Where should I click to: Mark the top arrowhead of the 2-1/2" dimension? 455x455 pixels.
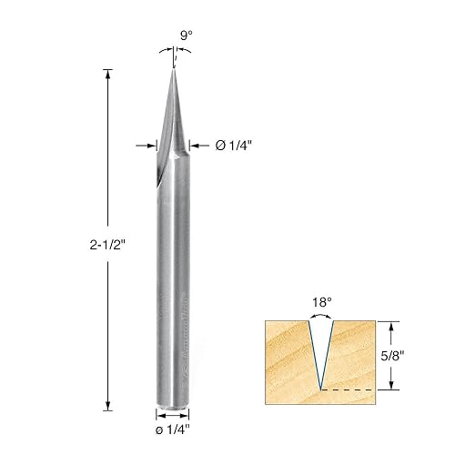click(x=109, y=74)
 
